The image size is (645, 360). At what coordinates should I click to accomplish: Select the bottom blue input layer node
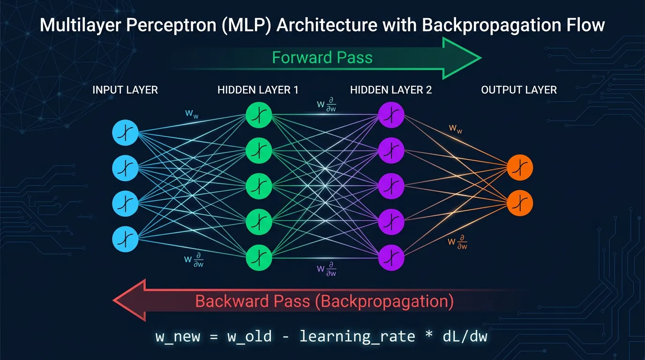click(x=125, y=239)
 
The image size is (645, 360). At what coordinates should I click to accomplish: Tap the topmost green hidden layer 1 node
click(x=259, y=115)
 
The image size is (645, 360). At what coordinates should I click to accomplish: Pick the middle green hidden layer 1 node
click(x=259, y=186)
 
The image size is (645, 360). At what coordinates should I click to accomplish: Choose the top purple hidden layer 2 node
click(x=391, y=115)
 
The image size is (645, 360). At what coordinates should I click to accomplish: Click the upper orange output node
click(x=520, y=168)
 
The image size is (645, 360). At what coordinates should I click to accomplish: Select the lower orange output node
click(x=520, y=203)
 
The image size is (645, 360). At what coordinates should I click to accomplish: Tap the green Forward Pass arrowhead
click(x=462, y=58)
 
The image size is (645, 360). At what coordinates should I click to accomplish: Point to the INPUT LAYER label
click(x=125, y=90)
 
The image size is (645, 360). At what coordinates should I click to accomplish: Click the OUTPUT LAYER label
click(x=519, y=90)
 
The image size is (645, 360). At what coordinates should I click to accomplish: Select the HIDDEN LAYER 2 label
click(x=391, y=90)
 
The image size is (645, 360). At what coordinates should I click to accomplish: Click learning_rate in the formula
click(x=357, y=336)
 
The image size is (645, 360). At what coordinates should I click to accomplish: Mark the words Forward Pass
click(x=322, y=58)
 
